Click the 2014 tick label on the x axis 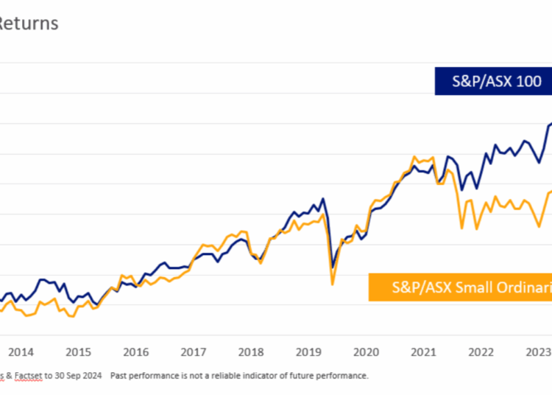[21, 352]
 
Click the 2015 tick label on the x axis [79, 352]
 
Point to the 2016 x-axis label [136, 352]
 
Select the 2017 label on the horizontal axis [194, 352]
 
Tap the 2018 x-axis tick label [251, 352]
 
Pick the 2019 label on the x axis [308, 352]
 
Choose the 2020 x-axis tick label [366, 352]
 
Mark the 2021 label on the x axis [423, 352]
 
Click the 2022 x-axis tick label [481, 352]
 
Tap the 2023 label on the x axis [538, 352]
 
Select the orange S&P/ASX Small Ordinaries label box [461, 288]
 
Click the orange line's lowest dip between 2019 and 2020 [333, 284]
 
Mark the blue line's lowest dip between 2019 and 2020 [333, 267]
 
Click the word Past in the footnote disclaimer [118, 376]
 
